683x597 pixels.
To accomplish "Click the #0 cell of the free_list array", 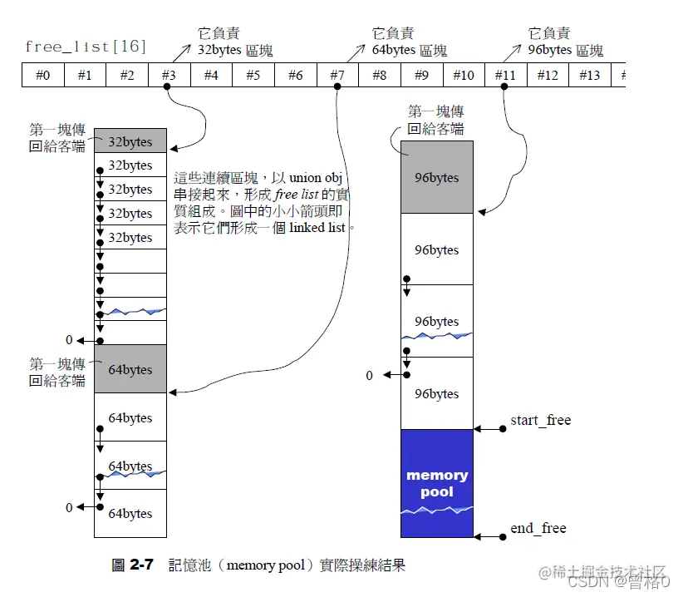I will (42, 76).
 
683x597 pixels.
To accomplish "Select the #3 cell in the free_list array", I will (169, 76).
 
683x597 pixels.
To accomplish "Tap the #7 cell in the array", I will (337, 76).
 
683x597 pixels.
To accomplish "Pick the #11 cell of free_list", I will (505, 76).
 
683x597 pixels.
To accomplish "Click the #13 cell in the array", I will (589, 76).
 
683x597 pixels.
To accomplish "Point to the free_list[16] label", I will (86, 47).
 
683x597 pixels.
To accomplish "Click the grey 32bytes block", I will (130, 141).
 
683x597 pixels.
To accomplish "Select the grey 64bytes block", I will (130, 369).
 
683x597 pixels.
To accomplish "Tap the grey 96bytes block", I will (437, 177).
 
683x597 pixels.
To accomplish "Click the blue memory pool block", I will (437, 483).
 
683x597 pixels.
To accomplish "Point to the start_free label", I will (541, 420).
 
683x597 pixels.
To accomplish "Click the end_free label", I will (538, 528).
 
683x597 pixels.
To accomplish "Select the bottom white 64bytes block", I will (130, 514).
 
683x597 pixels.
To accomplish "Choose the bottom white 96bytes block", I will (437, 393).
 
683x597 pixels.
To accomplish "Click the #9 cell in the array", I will (421, 76).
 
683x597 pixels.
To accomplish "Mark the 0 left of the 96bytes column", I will (370, 376).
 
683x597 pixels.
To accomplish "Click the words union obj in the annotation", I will (322, 178).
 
